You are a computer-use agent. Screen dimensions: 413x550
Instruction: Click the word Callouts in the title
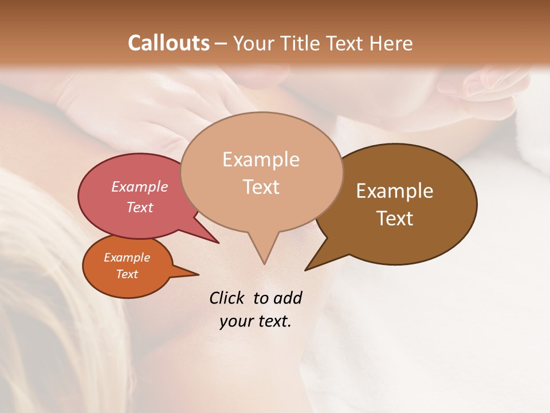click(168, 43)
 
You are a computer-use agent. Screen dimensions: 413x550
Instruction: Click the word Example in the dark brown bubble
click(395, 190)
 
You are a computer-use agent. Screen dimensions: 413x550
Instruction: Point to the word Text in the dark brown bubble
click(395, 218)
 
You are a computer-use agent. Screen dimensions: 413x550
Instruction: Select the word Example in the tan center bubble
click(261, 159)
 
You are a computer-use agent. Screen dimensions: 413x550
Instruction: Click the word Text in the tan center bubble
click(261, 187)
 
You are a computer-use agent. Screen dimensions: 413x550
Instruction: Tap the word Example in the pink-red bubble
click(140, 186)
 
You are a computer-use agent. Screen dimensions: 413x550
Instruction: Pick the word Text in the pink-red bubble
click(140, 207)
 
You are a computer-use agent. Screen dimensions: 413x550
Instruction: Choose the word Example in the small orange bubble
click(127, 258)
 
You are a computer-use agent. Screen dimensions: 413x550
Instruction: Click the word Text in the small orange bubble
click(127, 274)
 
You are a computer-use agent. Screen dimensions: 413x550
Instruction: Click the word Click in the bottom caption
click(228, 298)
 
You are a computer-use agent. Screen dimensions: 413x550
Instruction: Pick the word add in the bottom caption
click(287, 298)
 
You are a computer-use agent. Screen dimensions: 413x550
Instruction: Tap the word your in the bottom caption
click(235, 321)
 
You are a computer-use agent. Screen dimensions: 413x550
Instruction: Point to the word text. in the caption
click(273, 321)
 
